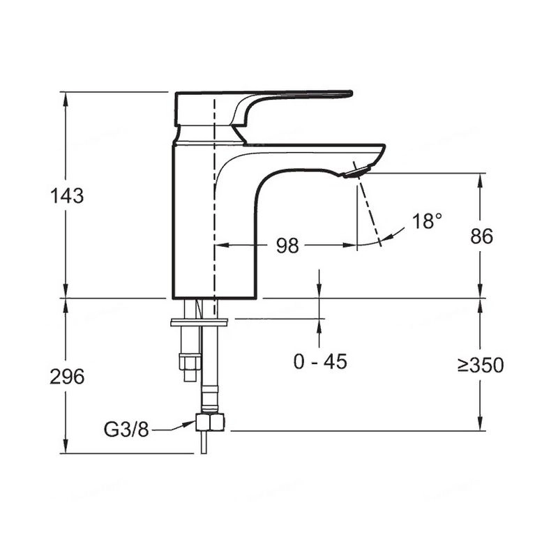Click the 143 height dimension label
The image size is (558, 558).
click(67, 196)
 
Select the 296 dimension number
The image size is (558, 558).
click(67, 377)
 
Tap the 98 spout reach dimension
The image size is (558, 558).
click(287, 246)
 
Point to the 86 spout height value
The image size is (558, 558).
click(481, 236)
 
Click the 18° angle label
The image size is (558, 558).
click(428, 220)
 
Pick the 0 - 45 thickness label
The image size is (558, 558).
click(320, 361)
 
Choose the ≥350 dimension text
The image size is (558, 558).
click(481, 365)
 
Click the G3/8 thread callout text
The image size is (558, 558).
click(126, 429)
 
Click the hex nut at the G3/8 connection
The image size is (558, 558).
click(210, 423)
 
